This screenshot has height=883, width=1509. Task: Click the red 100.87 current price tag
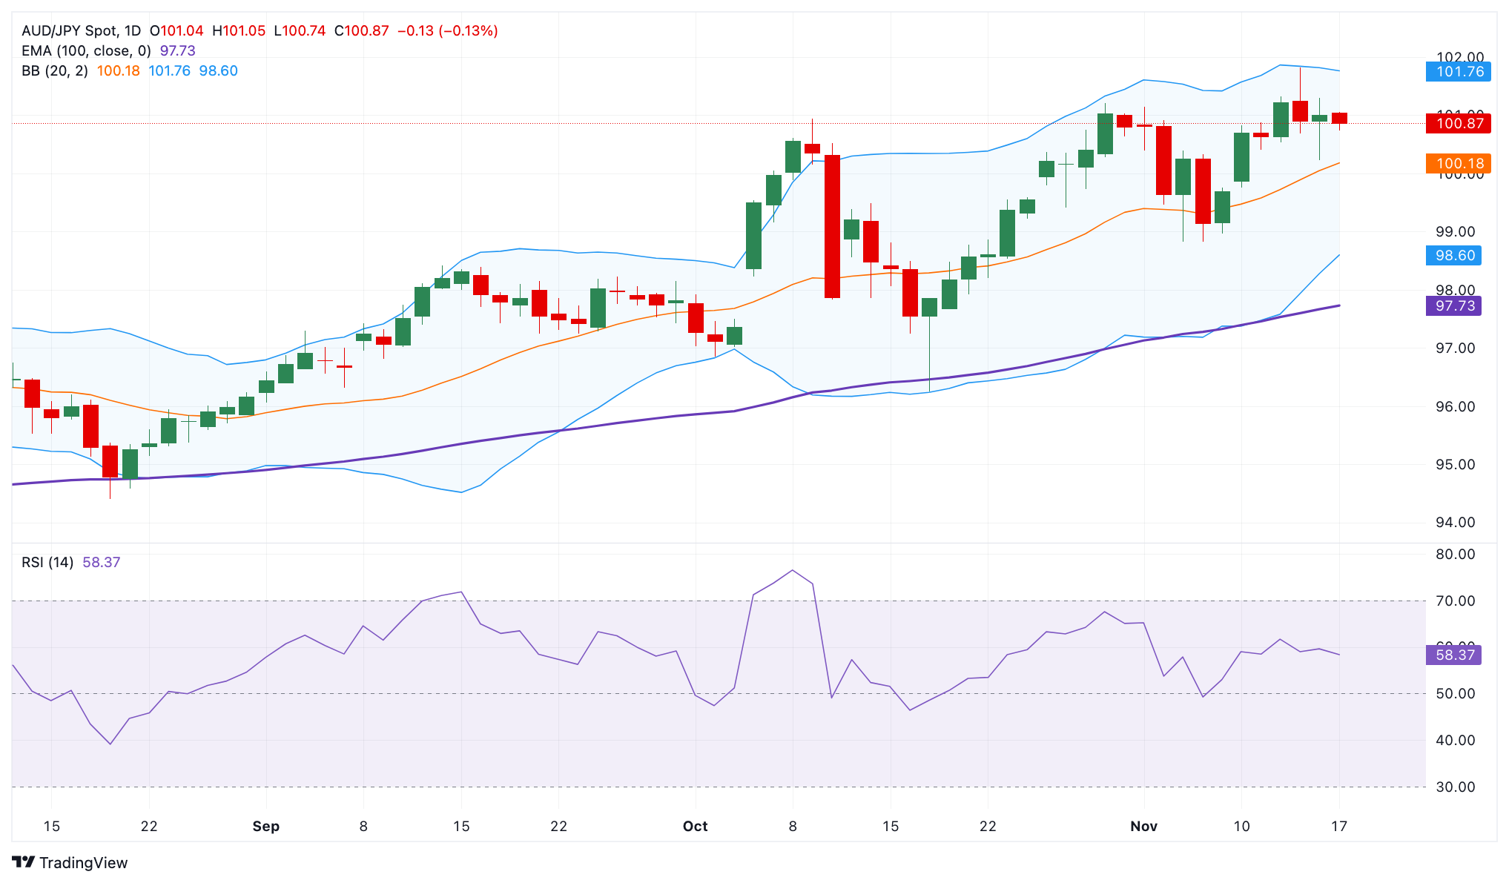(1458, 123)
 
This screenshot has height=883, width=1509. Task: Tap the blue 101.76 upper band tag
(1458, 72)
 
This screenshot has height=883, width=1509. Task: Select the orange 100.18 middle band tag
(1458, 163)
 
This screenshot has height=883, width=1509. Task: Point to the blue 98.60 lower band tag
(1453, 256)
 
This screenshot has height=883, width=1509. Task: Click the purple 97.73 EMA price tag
(1453, 306)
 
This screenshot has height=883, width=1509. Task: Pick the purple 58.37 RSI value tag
(1453, 655)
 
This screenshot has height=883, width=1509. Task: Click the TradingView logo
(70, 862)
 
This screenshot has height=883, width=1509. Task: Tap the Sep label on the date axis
(265, 826)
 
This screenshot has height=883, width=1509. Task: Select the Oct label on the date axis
(695, 826)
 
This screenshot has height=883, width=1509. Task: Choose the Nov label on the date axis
(1143, 826)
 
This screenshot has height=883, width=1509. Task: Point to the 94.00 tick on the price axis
(1455, 523)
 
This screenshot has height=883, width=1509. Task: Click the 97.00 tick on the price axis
(1455, 348)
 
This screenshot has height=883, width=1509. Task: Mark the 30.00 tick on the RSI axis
(1455, 787)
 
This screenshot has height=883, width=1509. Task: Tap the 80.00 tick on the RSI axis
(1455, 554)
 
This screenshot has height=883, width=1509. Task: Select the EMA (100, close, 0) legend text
(86, 50)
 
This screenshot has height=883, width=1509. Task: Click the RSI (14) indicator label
(47, 562)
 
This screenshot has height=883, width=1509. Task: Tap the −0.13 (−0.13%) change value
(447, 30)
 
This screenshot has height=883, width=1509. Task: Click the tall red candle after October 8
(832, 226)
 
